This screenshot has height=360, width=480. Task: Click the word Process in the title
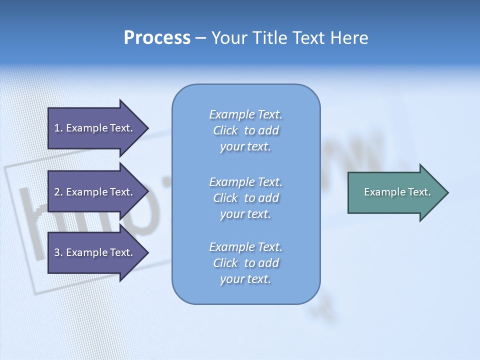(x=157, y=38)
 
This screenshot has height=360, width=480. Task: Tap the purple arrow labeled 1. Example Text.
(x=93, y=128)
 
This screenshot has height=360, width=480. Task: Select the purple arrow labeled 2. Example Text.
(x=93, y=192)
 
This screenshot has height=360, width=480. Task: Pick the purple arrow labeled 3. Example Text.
(x=93, y=252)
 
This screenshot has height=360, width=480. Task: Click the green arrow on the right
(x=395, y=192)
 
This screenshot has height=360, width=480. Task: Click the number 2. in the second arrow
(x=58, y=192)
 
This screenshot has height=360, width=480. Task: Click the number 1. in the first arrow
(x=58, y=128)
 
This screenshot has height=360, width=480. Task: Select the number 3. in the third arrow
(x=58, y=252)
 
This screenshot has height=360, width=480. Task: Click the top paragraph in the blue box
(x=245, y=130)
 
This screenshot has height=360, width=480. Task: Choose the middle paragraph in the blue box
(x=245, y=198)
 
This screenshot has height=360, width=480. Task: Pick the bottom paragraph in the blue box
(x=245, y=263)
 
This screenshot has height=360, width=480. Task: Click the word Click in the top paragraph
(x=225, y=130)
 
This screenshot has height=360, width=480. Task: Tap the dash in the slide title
(x=200, y=38)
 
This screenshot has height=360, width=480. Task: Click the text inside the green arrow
(x=397, y=192)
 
